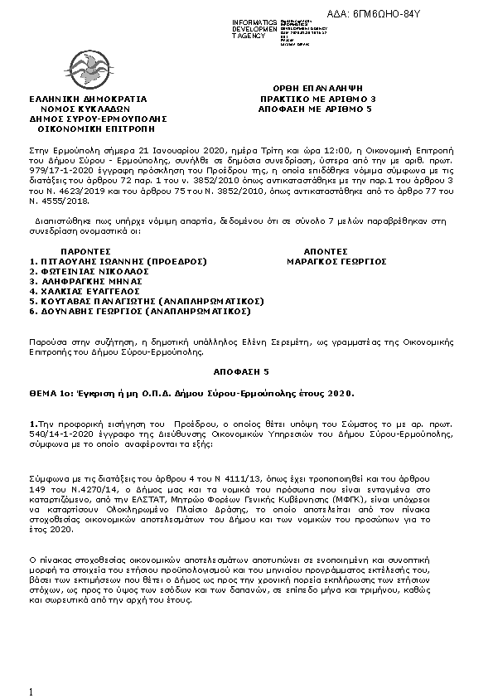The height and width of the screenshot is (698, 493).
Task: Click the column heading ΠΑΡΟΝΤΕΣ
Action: click(x=86, y=250)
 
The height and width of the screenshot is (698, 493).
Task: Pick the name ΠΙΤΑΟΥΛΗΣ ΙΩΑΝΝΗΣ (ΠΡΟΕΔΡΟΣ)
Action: click(x=118, y=260)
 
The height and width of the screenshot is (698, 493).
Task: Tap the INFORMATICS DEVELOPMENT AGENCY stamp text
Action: click(x=254, y=29)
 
